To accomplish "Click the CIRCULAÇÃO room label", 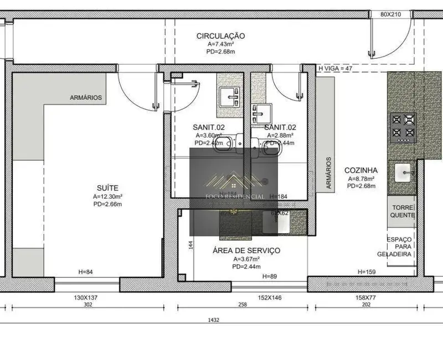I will click(220, 36).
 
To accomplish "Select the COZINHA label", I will click(361, 171).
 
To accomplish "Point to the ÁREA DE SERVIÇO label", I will click(246, 250).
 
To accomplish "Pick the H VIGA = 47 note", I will click(335, 68).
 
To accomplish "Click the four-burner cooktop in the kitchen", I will click(403, 127).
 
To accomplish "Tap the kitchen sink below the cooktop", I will click(403, 174).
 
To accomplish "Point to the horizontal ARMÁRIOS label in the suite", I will click(86, 97).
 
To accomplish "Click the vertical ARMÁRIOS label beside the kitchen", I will click(328, 173).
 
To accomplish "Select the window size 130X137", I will click(86, 298).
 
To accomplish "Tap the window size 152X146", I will click(269, 298).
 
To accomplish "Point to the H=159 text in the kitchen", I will click(367, 272).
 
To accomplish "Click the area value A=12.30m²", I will click(107, 197).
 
